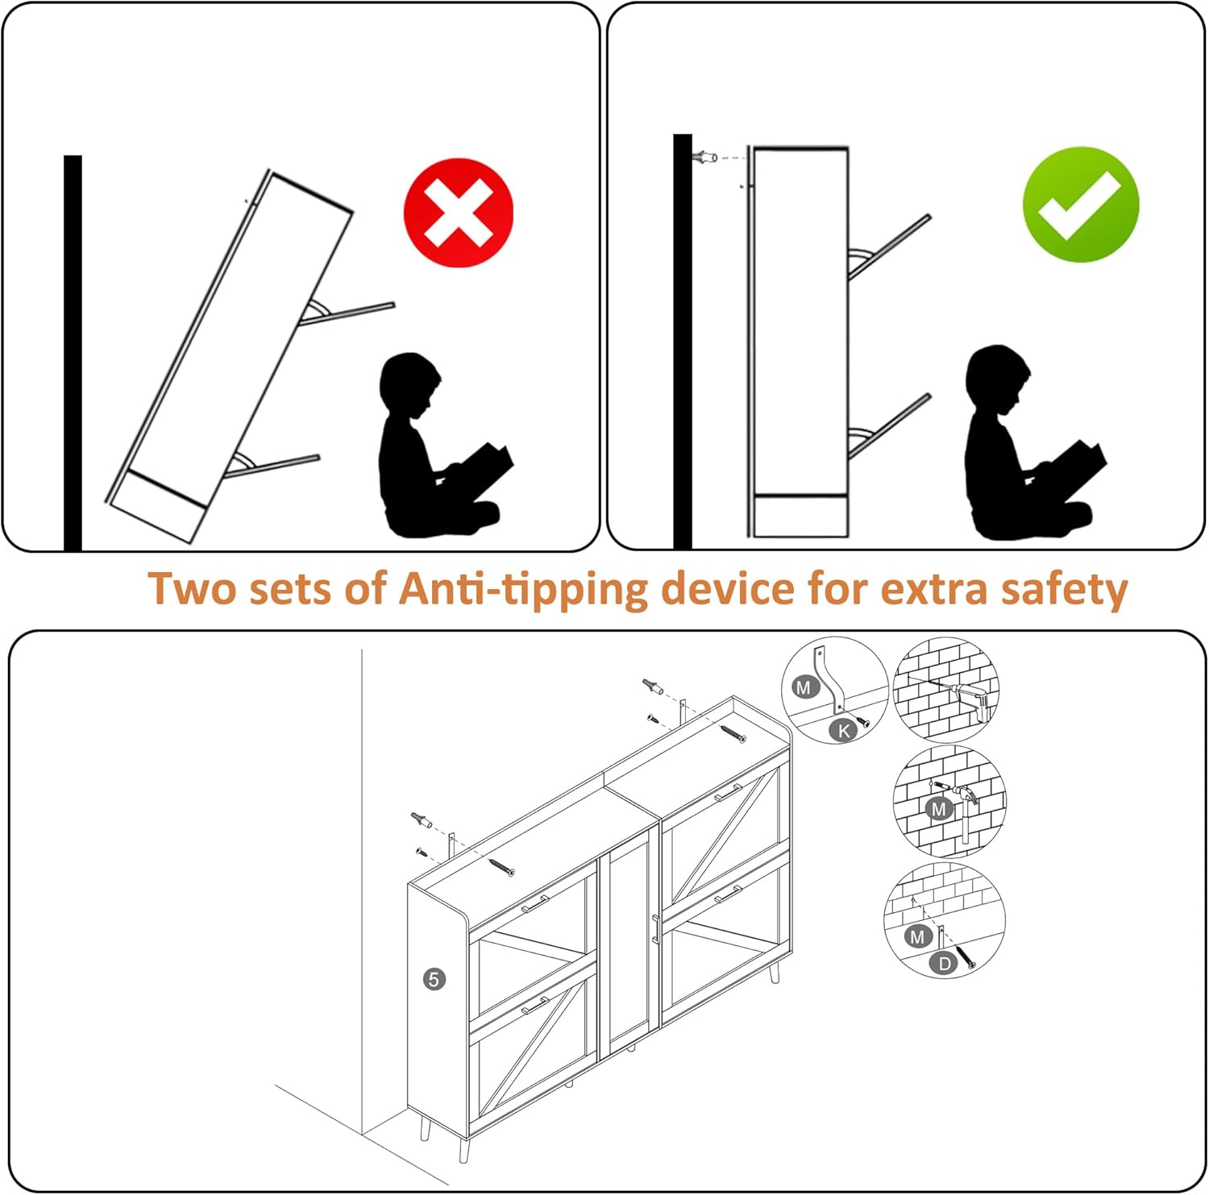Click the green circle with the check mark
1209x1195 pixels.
pyautogui.click(x=1080, y=205)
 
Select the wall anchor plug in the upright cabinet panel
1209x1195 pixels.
pyautogui.click(x=707, y=156)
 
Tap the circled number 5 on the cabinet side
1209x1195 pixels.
pyautogui.click(x=434, y=979)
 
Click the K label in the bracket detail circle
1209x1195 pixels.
pyautogui.click(x=844, y=730)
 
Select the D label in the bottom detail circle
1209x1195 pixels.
pyautogui.click(x=944, y=963)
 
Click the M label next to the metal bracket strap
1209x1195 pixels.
pyautogui.click(x=804, y=687)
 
